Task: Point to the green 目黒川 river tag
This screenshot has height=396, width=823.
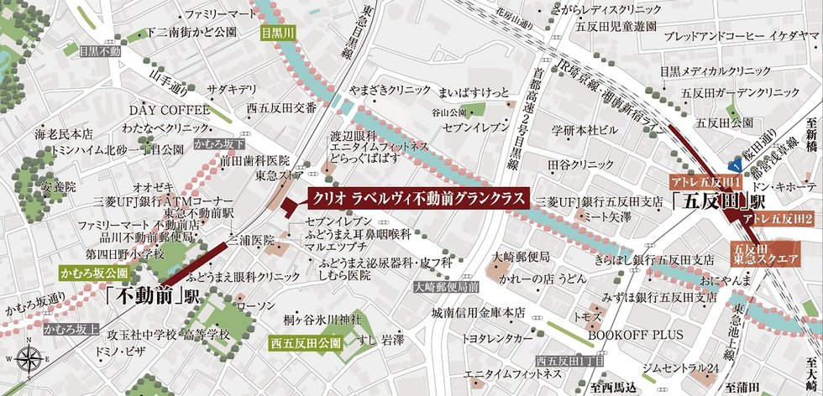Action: click(x=276, y=34)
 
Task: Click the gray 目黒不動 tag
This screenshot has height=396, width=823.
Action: click(x=100, y=50)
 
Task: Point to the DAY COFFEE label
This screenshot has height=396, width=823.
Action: click(x=169, y=110)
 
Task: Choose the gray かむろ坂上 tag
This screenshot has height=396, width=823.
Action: click(x=72, y=329)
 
